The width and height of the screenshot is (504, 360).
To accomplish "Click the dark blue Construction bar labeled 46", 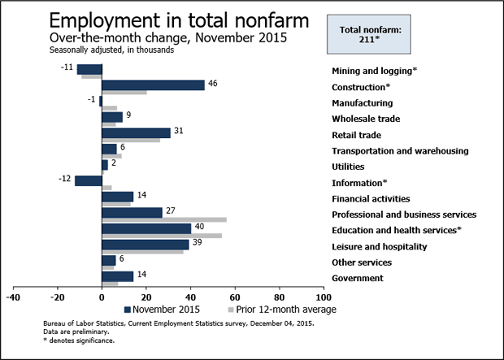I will pyautogui.click(x=153, y=85).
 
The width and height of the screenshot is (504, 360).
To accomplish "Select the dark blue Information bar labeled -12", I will pyautogui.click(x=89, y=180).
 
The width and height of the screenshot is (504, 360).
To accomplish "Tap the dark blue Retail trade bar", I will pyautogui.click(x=136, y=132).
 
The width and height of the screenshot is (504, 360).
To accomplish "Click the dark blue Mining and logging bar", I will pyautogui.click(x=89, y=69).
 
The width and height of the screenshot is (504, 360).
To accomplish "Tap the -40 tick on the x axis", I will pyautogui.click(x=13, y=297).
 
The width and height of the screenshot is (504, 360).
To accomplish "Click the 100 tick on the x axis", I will pyautogui.click(x=324, y=297).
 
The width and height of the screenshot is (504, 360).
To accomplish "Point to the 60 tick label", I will pyautogui.click(x=236, y=297).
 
